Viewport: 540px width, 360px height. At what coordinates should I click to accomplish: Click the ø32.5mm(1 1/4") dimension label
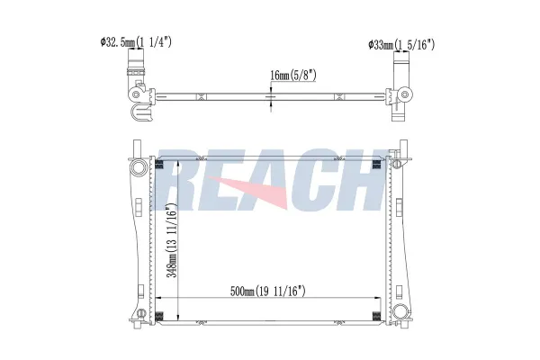point(136,42)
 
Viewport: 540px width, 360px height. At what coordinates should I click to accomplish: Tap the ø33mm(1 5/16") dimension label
point(401,44)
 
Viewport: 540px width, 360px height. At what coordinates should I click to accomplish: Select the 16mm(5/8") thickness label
point(293,75)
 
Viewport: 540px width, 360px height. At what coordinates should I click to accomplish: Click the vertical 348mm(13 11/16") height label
point(172,240)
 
